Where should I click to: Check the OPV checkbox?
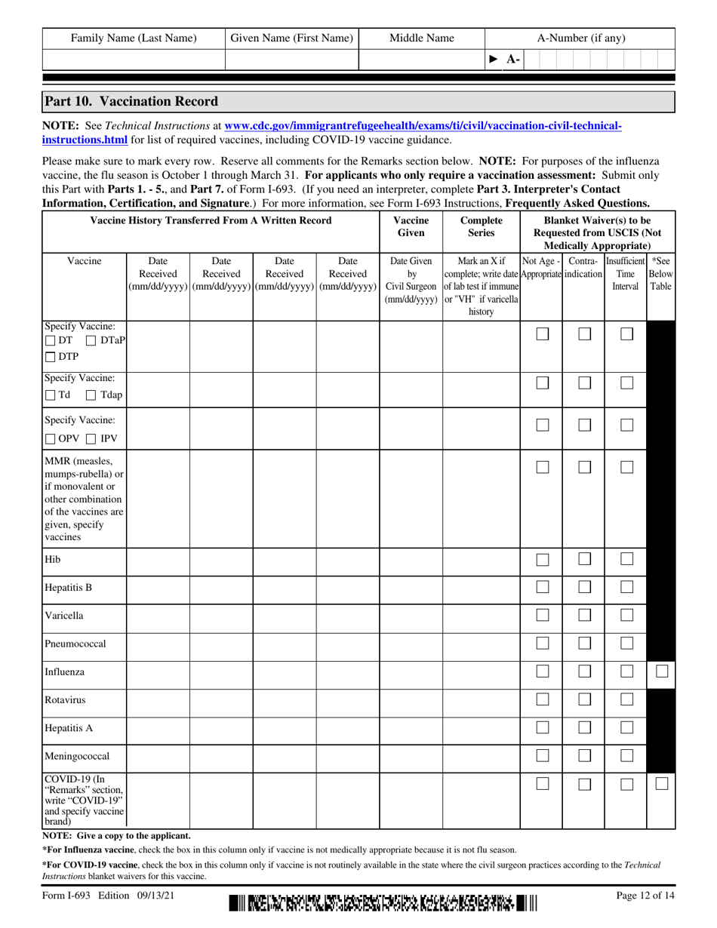click(x=51, y=439)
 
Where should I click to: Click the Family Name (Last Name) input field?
click(x=134, y=60)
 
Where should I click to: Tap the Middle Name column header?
click(x=421, y=38)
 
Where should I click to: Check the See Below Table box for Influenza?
click(x=660, y=671)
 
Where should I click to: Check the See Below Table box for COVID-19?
click(x=660, y=785)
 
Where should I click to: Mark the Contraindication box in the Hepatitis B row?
click(x=583, y=587)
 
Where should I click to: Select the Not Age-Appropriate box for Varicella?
click(x=541, y=615)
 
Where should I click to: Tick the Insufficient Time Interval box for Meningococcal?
click(x=625, y=755)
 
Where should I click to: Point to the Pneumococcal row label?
click(x=75, y=644)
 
